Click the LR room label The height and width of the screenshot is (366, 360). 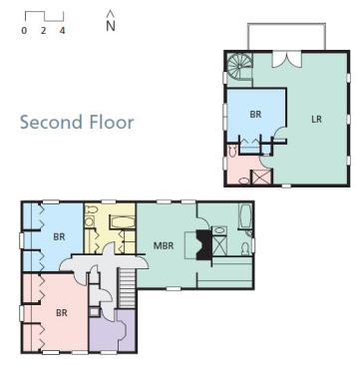(x=316, y=119)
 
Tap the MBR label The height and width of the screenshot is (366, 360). (x=164, y=245)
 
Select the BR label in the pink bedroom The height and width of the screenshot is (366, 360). (x=62, y=312)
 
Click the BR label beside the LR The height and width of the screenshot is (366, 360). (x=255, y=114)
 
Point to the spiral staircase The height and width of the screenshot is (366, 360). (x=239, y=66)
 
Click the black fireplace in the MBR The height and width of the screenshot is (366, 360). (x=203, y=244)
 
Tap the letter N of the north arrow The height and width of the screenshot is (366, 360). (x=111, y=26)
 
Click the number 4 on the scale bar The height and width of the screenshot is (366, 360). (x=62, y=31)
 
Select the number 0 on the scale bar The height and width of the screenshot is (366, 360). (x=24, y=31)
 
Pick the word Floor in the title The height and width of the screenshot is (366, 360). (x=112, y=122)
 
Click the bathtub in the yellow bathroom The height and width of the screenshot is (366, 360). (x=123, y=222)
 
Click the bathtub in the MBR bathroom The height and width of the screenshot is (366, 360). (x=245, y=216)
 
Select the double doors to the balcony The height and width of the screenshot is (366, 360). (x=286, y=59)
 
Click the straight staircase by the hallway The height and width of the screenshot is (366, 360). (x=127, y=288)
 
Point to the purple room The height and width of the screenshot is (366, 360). (x=113, y=331)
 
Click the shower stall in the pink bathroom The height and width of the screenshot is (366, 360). (x=262, y=177)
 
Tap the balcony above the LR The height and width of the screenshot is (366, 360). (x=286, y=37)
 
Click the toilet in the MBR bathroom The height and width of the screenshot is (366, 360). (x=245, y=248)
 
